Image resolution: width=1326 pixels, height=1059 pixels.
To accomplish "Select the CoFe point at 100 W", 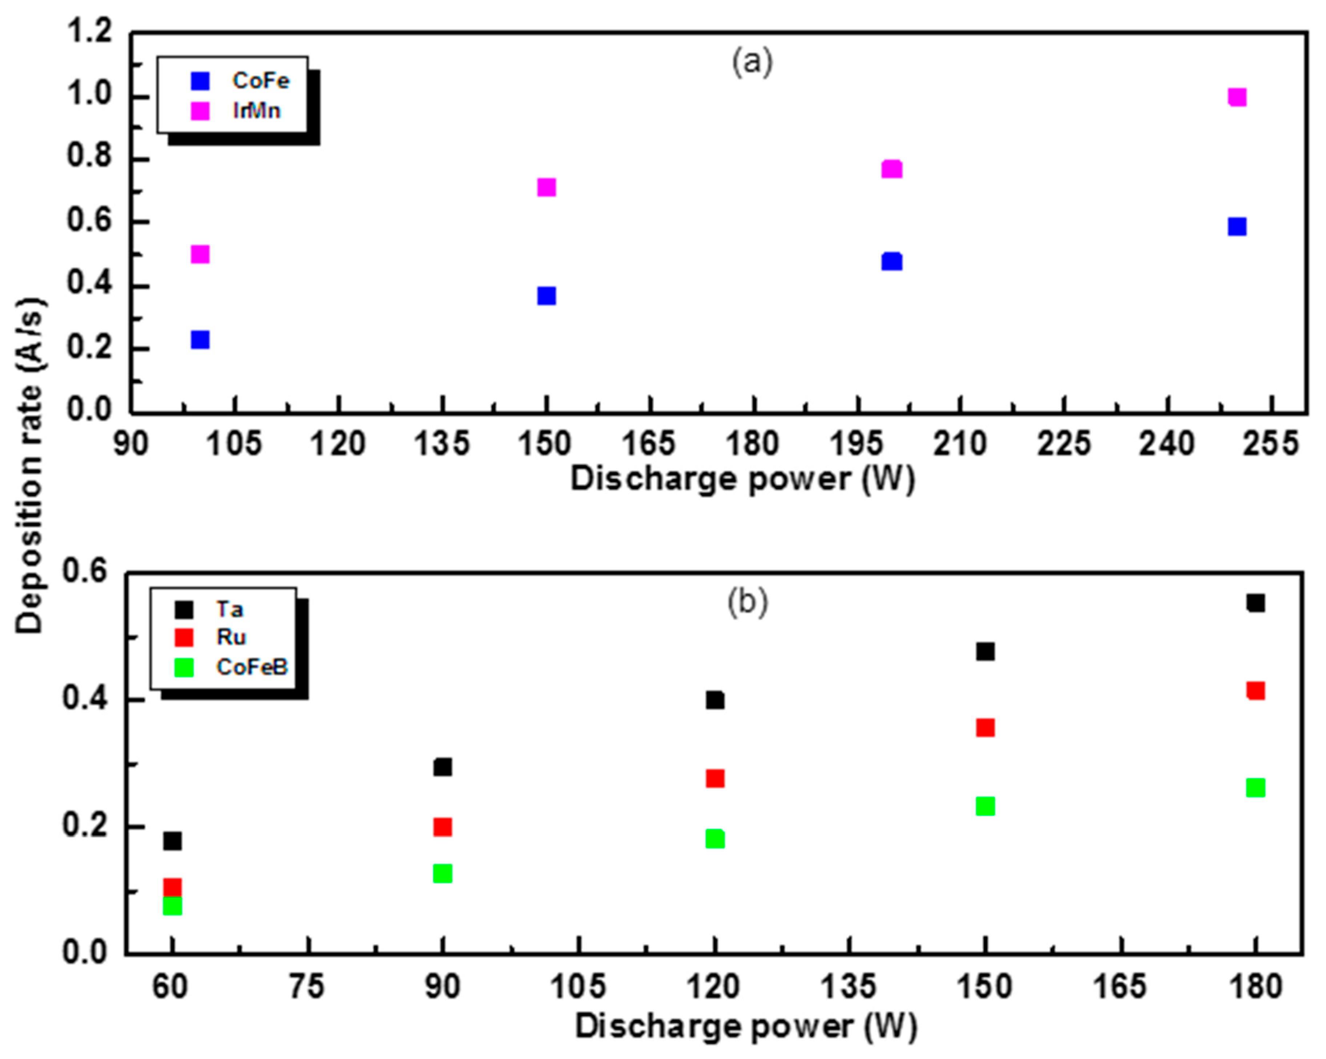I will (200, 339).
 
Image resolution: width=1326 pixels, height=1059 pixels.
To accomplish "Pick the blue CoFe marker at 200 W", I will (891, 261).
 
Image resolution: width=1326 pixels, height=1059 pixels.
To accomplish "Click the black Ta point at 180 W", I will (1255, 603).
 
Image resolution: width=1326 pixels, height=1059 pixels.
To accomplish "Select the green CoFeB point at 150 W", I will (985, 806).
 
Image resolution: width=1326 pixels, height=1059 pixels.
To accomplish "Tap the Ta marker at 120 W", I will (715, 700).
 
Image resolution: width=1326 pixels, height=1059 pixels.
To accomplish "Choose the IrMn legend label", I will (257, 111).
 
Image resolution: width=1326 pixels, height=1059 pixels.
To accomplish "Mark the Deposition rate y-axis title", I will (29, 466).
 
